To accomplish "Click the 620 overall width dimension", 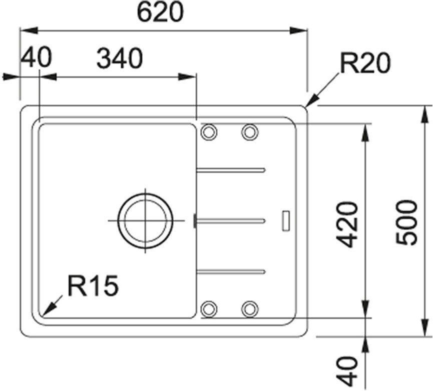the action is tap(161, 12).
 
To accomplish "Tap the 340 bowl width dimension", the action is tap(120, 58).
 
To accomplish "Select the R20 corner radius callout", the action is tap(365, 63).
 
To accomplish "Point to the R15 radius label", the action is tap(93, 285).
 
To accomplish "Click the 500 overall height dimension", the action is tap(406, 222).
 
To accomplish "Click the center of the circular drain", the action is tap(145, 220).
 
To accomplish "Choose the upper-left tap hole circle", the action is tap(209, 132).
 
